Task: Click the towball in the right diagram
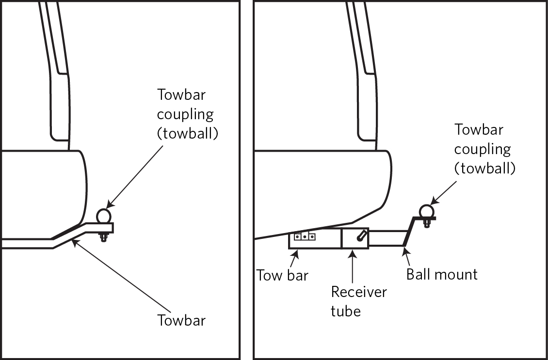click(x=426, y=211)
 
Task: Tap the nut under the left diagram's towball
click(x=103, y=237)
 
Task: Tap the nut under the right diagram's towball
click(x=426, y=223)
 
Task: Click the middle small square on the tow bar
click(x=304, y=237)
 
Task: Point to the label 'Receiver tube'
click(x=359, y=301)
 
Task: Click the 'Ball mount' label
click(x=442, y=274)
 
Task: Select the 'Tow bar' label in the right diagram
click(x=282, y=275)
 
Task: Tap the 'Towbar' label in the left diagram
click(x=181, y=320)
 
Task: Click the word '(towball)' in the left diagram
click(x=187, y=134)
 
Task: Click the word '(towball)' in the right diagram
click(x=484, y=168)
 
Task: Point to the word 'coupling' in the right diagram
click(x=482, y=149)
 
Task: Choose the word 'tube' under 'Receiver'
click(x=346, y=311)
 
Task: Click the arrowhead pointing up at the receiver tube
click(x=352, y=252)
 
